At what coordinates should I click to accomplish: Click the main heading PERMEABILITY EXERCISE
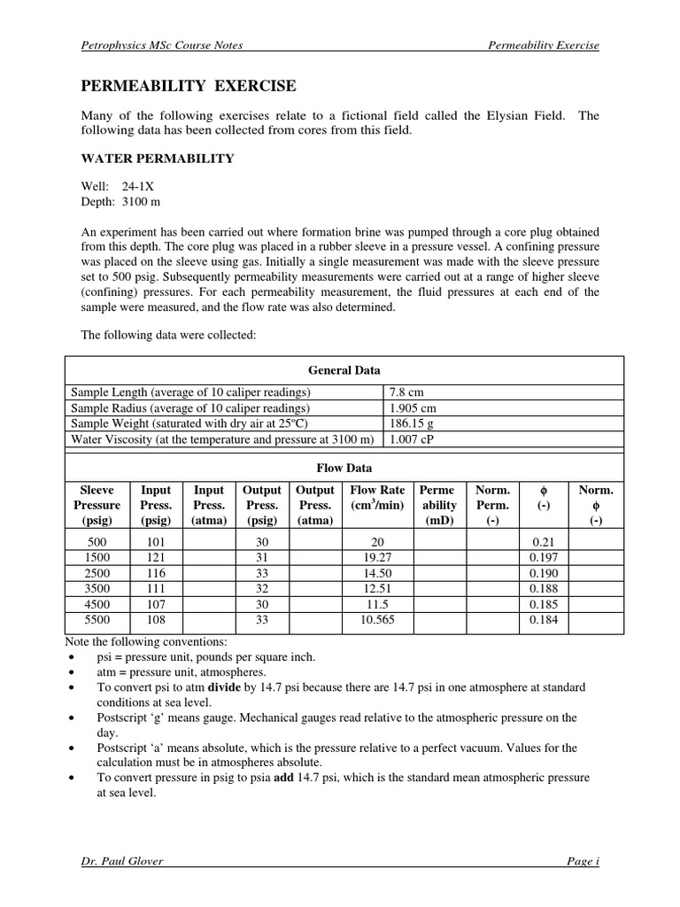point(189,86)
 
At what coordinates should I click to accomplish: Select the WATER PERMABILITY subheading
point(158,159)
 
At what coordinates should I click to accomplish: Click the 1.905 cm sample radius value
point(412,407)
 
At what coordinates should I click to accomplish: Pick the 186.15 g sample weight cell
point(412,423)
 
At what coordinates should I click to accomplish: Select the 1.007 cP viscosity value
point(411,439)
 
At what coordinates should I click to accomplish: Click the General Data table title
point(344,370)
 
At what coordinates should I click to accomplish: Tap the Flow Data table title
point(344,468)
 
